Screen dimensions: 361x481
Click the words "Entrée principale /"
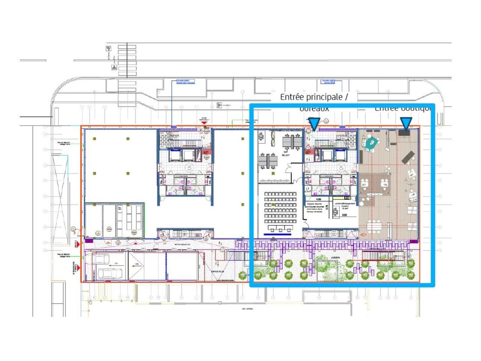point(313,97)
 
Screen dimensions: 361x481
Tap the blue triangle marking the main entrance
point(314,123)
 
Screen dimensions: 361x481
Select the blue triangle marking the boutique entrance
point(405,123)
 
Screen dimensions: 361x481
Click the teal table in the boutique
point(372,142)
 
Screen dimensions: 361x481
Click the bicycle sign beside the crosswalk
point(114,67)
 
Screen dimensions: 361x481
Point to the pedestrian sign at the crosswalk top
point(109,48)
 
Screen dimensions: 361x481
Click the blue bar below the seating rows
point(278,234)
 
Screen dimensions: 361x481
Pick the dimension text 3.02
point(344,215)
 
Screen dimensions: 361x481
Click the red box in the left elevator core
point(206,152)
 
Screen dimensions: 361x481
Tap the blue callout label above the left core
point(186,82)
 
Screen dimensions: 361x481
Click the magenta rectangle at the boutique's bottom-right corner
point(414,241)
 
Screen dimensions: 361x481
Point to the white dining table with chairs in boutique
point(374,226)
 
